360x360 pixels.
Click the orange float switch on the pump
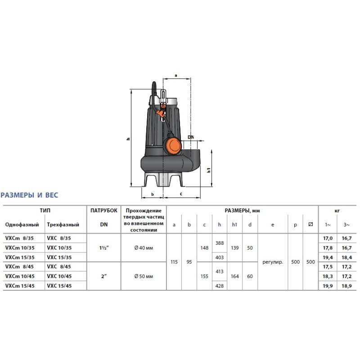(173, 144)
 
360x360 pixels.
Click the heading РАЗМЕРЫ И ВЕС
(29, 195)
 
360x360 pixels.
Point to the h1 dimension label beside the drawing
(208, 171)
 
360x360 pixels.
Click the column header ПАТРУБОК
(104, 210)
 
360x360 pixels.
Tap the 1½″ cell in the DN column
(104, 246)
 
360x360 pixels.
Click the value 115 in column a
(174, 261)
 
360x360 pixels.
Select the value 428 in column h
(220, 286)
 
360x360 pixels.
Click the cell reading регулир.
(272, 261)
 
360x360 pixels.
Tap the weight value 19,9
(327, 286)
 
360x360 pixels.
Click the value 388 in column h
(220, 242)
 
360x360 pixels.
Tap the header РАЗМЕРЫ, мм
(242, 210)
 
